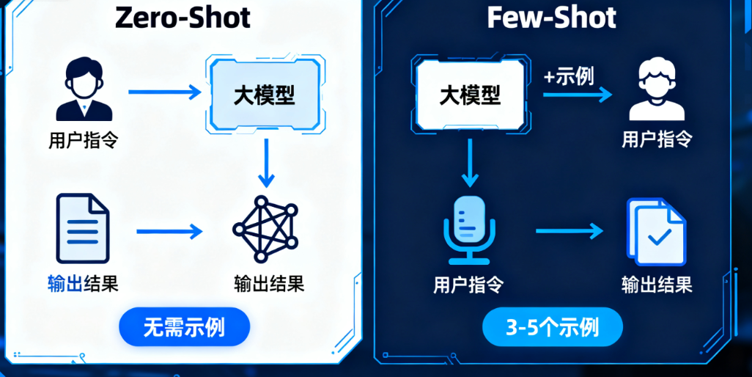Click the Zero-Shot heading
tap(183, 17)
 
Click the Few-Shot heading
tap(551, 17)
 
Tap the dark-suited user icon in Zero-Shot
tap(84, 90)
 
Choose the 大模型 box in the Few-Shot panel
tap(470, 94)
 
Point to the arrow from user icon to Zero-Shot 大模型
tap(166, 92)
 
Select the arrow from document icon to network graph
tap(169, 232)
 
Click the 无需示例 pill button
tap(184, 326)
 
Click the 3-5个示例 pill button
tap(552, 326)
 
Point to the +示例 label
tap(569, 76)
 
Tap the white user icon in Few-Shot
tap(656, 91)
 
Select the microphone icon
tap(469, 229)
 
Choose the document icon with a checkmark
tap(656, 231)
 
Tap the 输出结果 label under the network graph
tap(268, 284)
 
